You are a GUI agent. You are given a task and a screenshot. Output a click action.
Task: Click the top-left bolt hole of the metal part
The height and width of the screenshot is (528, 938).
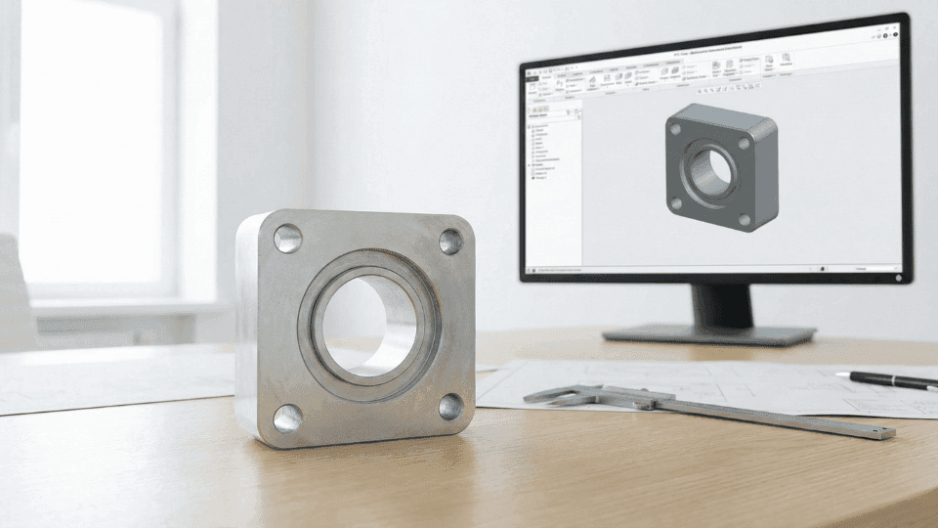coord(287,239)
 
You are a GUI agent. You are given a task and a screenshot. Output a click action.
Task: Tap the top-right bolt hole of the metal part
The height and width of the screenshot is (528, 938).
coord(450,241)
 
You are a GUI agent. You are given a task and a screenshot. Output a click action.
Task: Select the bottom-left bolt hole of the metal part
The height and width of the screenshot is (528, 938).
coord(287,418)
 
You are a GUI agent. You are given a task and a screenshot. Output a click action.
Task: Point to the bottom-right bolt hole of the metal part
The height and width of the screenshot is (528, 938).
coord(450,406)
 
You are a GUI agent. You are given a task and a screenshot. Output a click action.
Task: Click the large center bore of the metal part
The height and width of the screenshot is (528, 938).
coord(368,323)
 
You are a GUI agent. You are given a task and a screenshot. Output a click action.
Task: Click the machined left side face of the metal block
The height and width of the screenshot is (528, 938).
coord(249,323)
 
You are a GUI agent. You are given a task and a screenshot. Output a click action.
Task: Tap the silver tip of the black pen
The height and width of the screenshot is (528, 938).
coord(843,374)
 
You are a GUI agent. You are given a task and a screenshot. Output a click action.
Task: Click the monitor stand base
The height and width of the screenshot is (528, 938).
coord(708,334)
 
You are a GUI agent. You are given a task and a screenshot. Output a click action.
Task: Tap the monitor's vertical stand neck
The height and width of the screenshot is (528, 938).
coord(722,304)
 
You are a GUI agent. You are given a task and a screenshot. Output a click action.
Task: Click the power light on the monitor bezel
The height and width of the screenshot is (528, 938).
coord(898,279)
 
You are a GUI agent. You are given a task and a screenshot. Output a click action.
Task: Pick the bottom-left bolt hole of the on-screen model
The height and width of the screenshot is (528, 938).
coord(676,203)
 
